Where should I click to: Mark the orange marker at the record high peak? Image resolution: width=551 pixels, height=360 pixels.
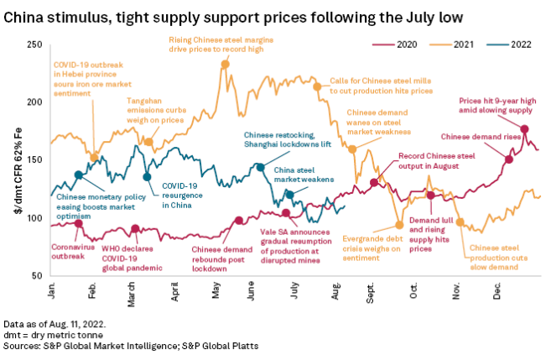[x=226, y=64]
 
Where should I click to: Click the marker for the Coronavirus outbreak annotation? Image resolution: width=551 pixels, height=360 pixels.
[x=79, y=223]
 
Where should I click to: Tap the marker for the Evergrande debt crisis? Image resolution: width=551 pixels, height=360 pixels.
[x=399, y=225]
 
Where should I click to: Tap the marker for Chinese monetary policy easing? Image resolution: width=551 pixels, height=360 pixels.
[x=79, y=175]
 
